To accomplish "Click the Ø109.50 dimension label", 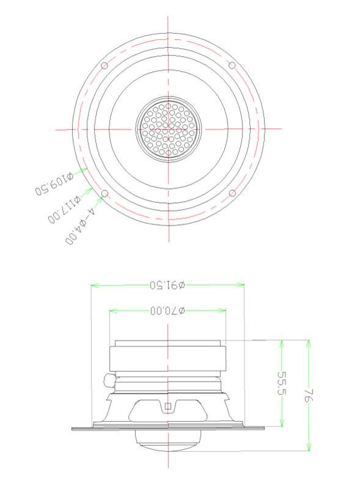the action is click(x=54, y=184).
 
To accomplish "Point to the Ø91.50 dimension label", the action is click(x=167, y=286).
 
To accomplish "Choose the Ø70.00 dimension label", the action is click(x=168, y=311).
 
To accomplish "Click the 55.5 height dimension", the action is click(x=282, y=383).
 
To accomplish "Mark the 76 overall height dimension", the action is click(x=309, y=396).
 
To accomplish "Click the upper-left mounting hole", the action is click(x=105, y=65).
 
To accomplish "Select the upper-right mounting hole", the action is click(x=232, y=65).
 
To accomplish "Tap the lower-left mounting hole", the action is click(x=105, y=193).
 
